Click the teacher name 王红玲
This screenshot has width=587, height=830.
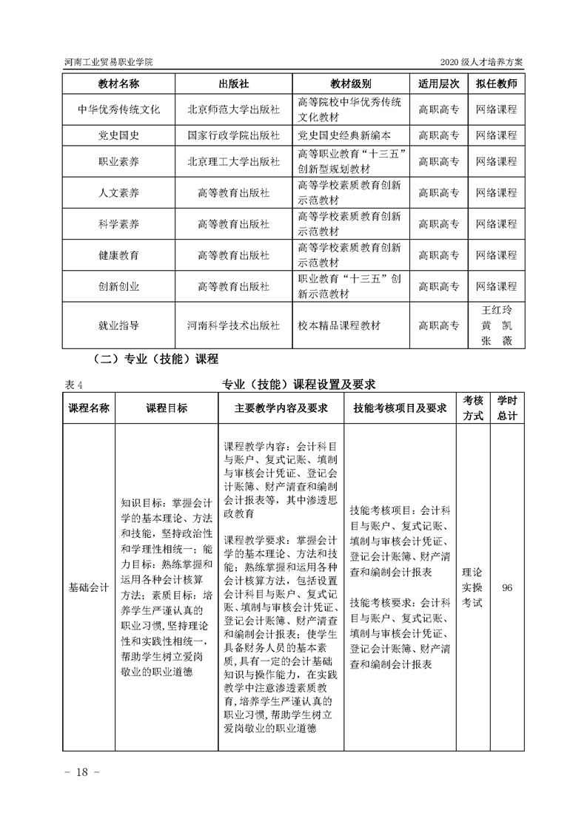coord(496,311)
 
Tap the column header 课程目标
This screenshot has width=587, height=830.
coord(167,408)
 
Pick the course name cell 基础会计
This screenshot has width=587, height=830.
coord(89,588)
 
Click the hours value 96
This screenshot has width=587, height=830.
coord(507,588)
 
